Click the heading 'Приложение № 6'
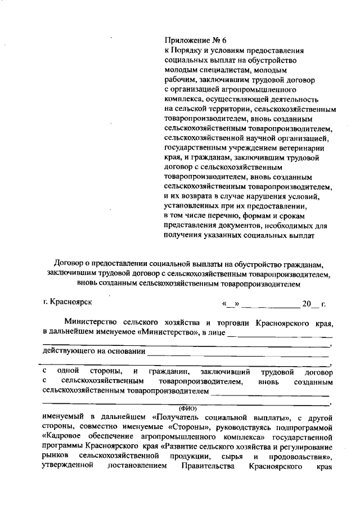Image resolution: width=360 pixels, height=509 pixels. point(194,40)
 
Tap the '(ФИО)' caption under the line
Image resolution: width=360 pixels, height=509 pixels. point(186,407)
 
